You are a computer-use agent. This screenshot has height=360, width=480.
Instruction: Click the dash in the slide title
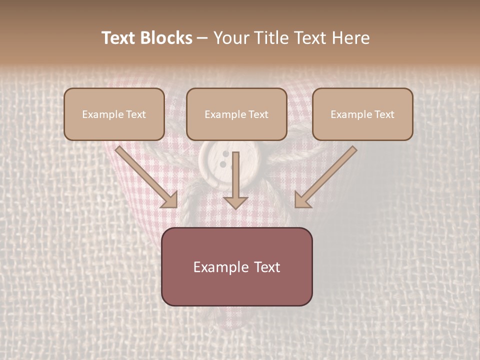pos(202,38)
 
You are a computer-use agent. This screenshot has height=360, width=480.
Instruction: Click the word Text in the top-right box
pos(384,114)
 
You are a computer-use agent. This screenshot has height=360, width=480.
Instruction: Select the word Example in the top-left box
pos(102,114)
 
